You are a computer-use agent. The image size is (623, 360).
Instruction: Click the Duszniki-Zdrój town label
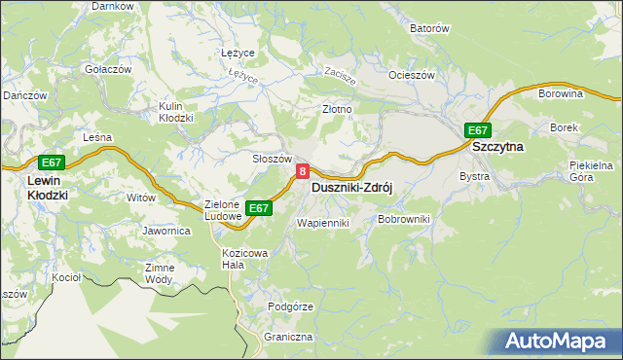350,189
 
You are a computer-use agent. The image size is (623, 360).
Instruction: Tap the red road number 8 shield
303,171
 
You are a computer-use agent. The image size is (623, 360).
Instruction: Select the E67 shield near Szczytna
477,130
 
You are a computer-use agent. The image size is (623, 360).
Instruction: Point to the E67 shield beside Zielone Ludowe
258,208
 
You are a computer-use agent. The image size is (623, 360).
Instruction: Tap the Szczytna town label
497,147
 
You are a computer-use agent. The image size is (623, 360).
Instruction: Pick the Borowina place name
560,94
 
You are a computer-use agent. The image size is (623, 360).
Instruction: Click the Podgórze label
290,306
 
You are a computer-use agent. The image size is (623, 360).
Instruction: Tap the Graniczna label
287,337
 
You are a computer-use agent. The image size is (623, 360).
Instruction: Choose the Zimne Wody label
160,273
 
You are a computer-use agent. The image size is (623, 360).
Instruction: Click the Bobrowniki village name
403,221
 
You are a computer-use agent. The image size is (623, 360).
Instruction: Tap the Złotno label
337,110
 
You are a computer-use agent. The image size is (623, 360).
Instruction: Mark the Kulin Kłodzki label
176,112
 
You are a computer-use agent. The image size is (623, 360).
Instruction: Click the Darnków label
112,6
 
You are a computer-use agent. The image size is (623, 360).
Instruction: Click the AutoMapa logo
556,342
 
